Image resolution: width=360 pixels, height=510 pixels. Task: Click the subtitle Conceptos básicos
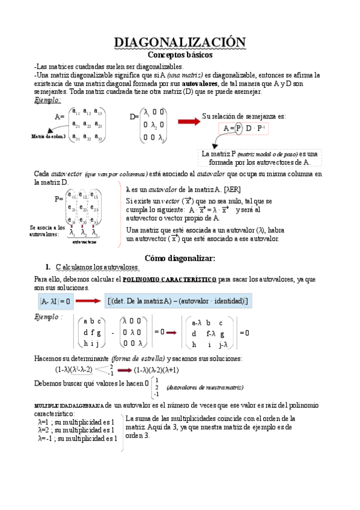point(180,54)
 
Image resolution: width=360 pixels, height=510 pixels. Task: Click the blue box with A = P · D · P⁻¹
point(245,129)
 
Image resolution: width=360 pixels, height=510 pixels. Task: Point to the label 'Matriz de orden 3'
point(49,137)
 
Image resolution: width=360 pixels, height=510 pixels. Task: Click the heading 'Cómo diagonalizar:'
point(180,258)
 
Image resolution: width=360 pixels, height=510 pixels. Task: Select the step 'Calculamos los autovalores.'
point(97,267)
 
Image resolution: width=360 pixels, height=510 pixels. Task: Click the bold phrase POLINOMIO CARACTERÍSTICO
point(169,280)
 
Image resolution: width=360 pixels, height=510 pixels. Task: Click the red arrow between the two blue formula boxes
point(88,301)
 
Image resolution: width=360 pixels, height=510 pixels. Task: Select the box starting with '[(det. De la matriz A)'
point(178,301)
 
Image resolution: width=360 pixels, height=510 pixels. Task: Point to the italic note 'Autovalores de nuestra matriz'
point(205,388)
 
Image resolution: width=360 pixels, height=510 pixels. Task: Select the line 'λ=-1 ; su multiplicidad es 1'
point(77,439)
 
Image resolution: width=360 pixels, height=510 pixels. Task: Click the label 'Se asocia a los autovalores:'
point(47,231)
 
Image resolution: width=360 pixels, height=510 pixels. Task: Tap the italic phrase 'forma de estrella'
point(138,359)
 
